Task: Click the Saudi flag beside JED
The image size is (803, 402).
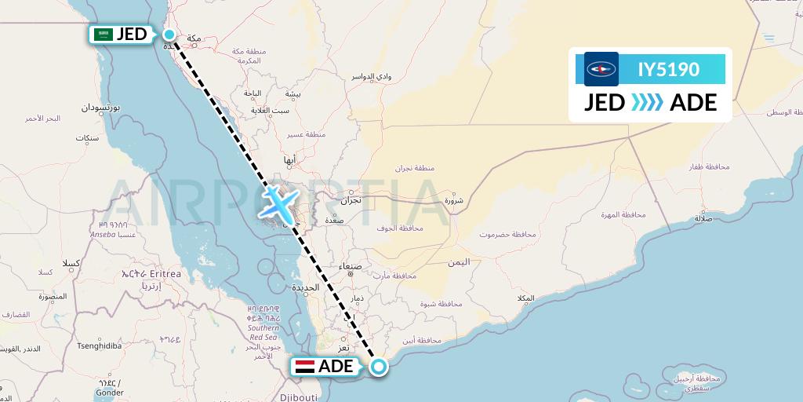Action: click(x=103, y=35)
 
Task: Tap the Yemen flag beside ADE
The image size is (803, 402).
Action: click(x=304, y=367)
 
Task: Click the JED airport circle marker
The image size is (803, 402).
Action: click(x=169, y=34)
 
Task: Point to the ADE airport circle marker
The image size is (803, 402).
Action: click(x=379, y=367)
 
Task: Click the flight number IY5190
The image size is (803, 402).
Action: click(x=668, y=69)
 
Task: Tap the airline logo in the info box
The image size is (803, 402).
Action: click(x=601, y=69)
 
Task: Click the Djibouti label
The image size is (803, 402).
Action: click(x=300, y=397)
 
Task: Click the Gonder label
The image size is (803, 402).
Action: click(x=111, y=392)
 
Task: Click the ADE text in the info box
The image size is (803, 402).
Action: click(x=693, y=103)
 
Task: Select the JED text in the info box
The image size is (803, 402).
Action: click(x=605, y=103)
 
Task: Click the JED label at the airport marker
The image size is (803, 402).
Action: click(x=131, y=35)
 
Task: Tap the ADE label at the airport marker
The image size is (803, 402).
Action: click(x=336, y=367)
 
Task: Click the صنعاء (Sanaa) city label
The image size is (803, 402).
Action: click(x=351, y=267)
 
